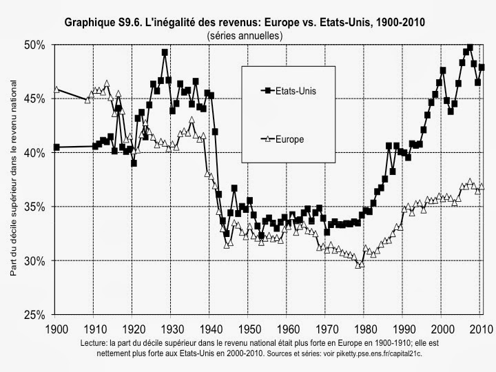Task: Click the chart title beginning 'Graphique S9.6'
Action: (x=245, y=22)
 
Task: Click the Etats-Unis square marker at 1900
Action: (x=56, y=147)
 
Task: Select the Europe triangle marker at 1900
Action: (x=56, y=89)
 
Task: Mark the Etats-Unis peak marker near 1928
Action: (x=165, y=52)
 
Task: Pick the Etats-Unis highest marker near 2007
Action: (x=470, y=48)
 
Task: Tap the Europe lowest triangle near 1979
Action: (x=358, y=265)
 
